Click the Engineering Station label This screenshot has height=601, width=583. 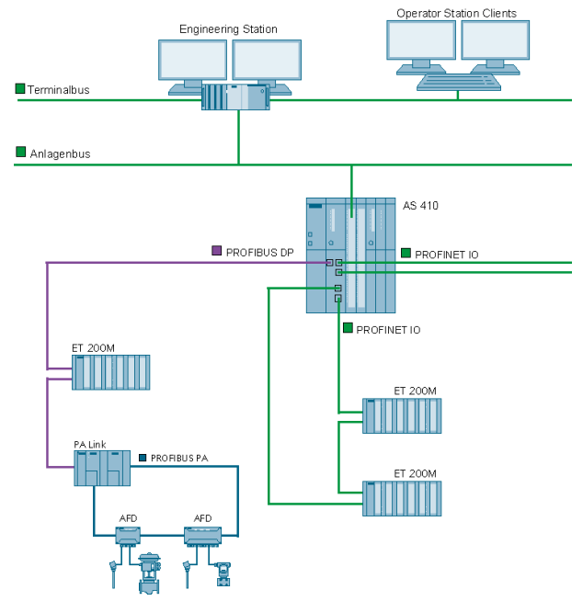[228, 29]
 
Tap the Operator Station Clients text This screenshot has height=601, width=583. [456, 14]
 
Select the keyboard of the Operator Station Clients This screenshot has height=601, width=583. [459, 82]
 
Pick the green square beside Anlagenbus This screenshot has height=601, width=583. [20, 152]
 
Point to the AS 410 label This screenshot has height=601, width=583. [420, 205]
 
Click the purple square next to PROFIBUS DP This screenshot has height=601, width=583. [217, 250]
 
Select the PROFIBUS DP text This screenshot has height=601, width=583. [259, 251]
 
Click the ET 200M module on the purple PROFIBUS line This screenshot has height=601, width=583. [110, 372]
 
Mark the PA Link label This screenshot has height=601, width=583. [90, 445]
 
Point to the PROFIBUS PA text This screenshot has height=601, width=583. [179, 458]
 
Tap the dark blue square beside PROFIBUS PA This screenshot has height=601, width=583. [143, 457]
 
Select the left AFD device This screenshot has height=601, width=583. [128, 535]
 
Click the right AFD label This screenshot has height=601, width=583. [202, 518]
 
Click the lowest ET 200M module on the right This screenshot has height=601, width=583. [403, 498]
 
